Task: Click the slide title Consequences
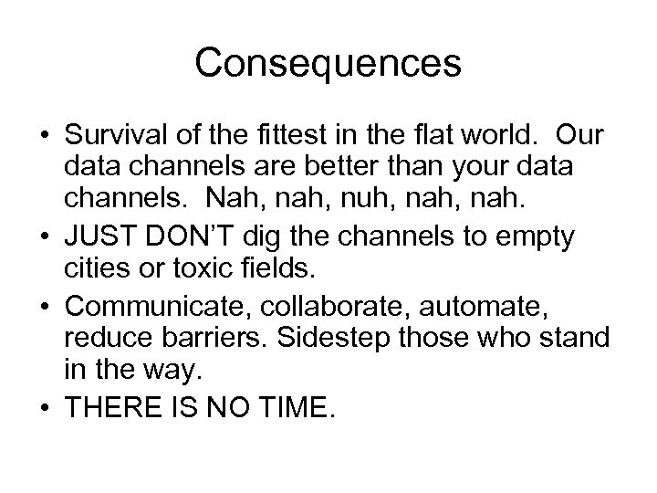(x=328, y=63)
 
